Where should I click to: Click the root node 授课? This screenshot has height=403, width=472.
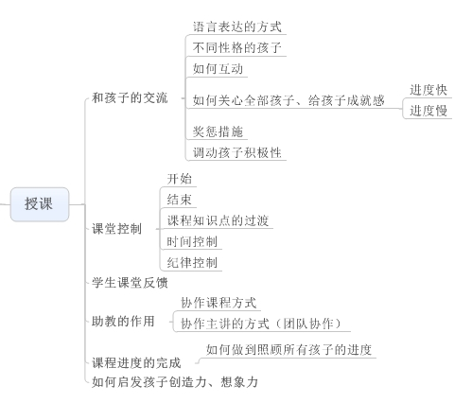pos(40,204)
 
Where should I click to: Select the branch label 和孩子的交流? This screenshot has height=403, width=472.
pos(130,97)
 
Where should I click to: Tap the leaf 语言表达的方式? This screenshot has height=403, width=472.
pos(237,26)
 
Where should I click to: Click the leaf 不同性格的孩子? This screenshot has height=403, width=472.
pos(237,48)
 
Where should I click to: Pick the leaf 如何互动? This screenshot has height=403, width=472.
pos(218,69)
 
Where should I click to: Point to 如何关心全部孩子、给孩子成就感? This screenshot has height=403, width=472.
pos(288,100)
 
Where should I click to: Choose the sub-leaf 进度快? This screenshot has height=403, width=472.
pos(428,90)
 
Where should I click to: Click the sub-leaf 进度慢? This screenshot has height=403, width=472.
pos(428,111)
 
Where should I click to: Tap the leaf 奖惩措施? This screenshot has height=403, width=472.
pos(218,131)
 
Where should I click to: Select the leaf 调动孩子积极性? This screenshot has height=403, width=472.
pos(237,152)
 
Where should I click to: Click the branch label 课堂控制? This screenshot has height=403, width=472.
pos(116,229)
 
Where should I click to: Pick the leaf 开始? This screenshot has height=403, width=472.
pos(180,179)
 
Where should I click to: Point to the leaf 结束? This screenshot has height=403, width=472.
pos(180,200)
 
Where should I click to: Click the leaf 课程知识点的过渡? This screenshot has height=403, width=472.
pos(218,220)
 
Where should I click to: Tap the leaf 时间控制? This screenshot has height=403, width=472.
pos(192,242)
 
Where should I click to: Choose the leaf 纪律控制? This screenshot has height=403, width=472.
pos(192,263)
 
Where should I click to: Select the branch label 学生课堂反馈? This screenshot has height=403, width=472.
pos(130,283)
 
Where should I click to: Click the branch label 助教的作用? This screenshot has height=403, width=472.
pos(123,322)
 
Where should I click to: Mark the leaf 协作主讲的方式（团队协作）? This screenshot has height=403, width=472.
pos(261,324)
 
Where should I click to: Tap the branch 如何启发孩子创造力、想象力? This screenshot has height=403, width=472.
pos(175,382)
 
